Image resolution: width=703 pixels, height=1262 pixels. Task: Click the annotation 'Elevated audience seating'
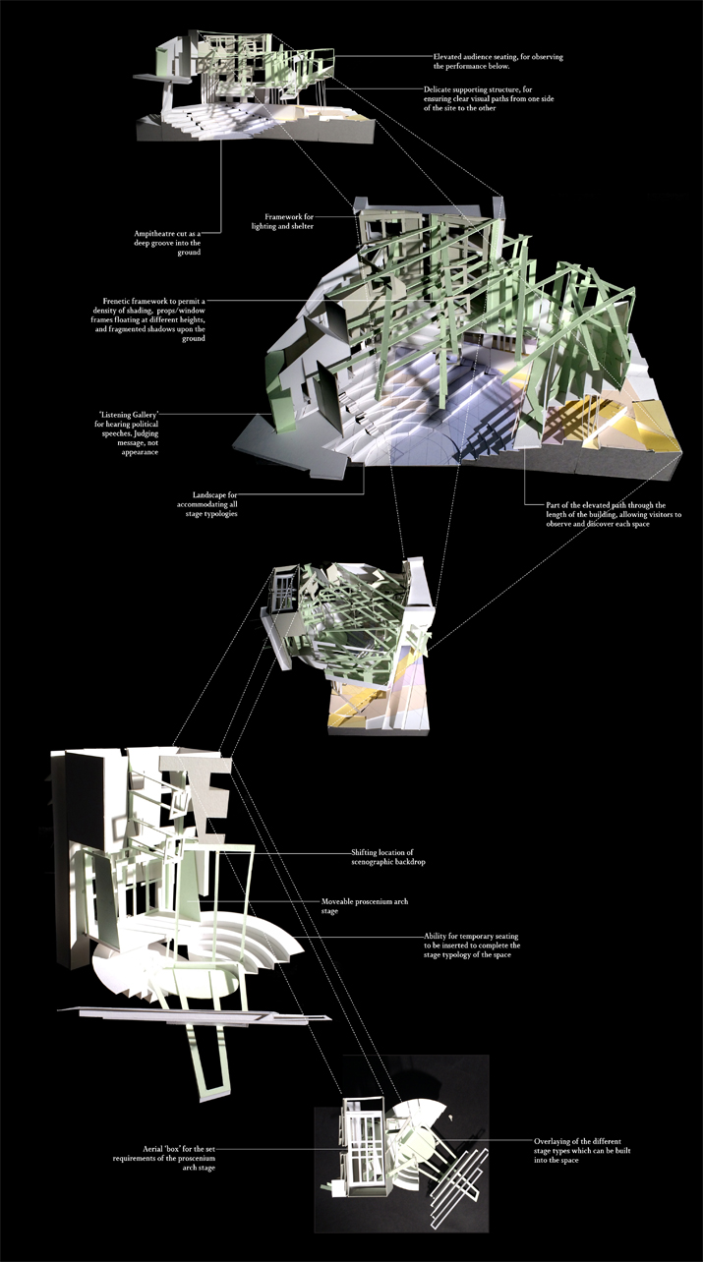click(498, 61)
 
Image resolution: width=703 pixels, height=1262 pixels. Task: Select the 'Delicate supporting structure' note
click(489, 98)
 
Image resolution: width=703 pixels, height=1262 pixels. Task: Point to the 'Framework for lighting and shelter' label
click(282, 221)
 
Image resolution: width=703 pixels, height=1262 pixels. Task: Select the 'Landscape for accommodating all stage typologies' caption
click(206, 504)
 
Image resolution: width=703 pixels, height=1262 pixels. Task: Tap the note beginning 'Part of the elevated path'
click(614, 514)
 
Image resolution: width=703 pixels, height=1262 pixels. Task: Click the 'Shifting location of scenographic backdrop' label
click(387, 857)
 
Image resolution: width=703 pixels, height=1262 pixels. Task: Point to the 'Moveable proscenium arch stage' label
click(365, 906)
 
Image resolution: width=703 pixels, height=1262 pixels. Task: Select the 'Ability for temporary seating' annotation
click(472, 946)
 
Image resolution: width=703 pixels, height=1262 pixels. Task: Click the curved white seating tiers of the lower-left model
click(264, 940)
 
